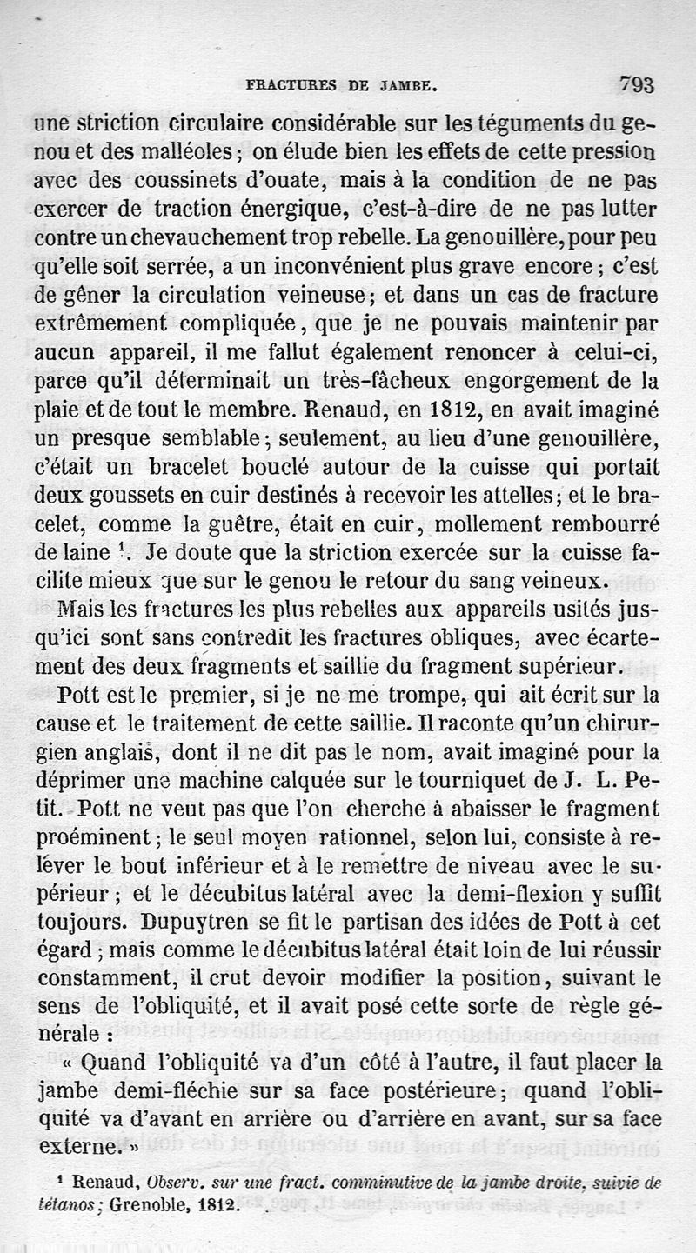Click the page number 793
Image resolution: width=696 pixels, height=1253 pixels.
[638, 85]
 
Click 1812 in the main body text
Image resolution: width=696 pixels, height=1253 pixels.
[451, 408]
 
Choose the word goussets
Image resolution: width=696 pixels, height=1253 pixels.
[121, 495]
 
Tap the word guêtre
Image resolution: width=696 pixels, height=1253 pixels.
[245, 523]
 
